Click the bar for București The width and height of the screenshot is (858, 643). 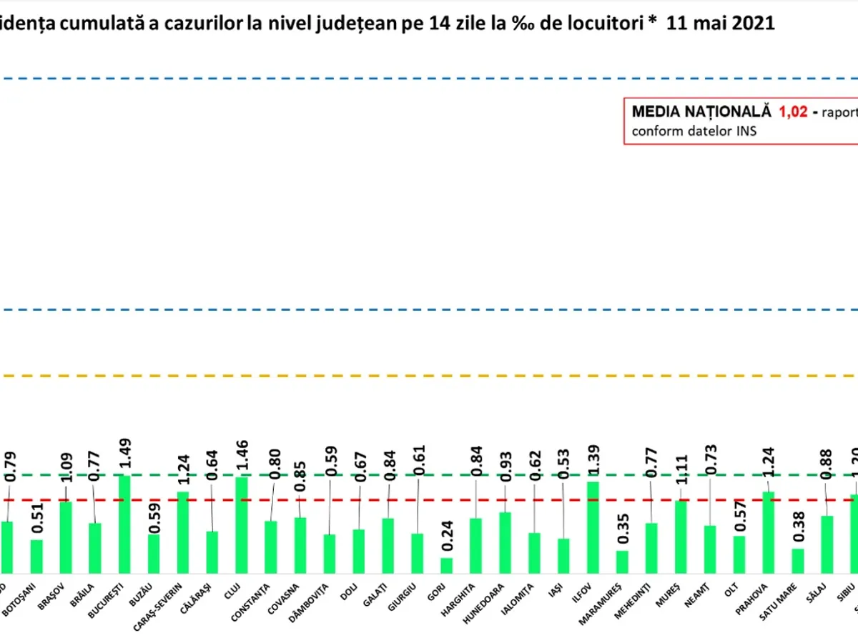(x=124, y=524)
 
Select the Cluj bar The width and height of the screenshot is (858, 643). (x=242, y=525)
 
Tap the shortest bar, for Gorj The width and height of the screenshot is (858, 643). (x=446, y=565)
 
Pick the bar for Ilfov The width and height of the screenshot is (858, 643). (x=593, y=527)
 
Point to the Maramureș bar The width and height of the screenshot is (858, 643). (x=622, y=562)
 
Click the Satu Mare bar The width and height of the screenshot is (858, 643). (x=798, y=561)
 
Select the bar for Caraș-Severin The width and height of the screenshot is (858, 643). (x=183, y=532)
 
